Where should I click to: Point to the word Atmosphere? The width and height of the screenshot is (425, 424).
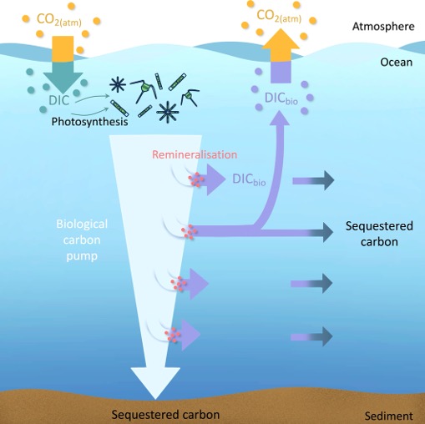[x=382, y=27]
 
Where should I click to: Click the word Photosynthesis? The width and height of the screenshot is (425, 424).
[x=88, y=121]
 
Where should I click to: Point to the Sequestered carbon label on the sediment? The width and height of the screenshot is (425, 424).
[x=166, y=415]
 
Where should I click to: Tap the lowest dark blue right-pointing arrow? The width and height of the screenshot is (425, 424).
[x=313, y=336]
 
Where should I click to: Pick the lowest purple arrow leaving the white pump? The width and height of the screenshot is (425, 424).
[x=188, y=336]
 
